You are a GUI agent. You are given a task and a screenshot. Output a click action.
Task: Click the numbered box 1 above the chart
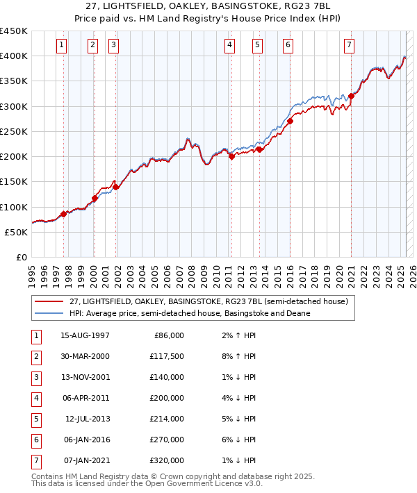(62, 45)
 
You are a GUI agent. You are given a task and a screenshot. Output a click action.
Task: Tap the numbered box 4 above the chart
(229, 45)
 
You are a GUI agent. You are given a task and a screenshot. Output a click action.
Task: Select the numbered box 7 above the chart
(349, 45)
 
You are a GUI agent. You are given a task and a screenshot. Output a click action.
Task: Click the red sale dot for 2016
(290, 122)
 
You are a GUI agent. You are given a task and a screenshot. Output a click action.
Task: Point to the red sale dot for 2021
(352, 97)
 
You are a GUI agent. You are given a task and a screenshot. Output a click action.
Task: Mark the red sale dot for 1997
(64, 214)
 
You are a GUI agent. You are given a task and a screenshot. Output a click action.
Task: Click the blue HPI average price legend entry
(190, 313)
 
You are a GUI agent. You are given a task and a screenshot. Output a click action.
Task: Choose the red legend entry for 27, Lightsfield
(213, 301)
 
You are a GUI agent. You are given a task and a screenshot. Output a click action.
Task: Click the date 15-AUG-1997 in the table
(85, 335)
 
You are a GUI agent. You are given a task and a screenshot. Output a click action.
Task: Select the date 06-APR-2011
(85, 398)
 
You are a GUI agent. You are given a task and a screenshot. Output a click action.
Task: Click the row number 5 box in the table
(35, 419)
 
